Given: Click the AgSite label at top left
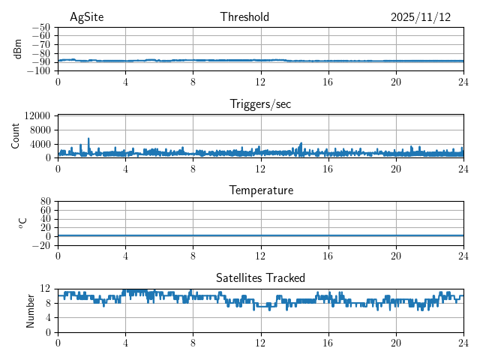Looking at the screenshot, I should (x=86, y=17).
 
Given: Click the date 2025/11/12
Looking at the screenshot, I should (x=420, y=17).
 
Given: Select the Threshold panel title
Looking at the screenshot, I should (x=244, y=17).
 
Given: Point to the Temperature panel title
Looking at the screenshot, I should (x=260, y=190).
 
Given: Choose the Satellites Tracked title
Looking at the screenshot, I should (x=260, y=278).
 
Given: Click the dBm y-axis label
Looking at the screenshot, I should (x=18, y=49).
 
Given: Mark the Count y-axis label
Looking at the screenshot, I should (x=16, y=136).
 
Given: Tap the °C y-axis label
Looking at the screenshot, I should (x=22, y=223).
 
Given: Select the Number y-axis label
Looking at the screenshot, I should (x=31, y=310).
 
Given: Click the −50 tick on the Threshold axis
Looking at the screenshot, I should (x=41, y=27).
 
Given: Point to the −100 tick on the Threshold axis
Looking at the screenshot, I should (x=39, y=70).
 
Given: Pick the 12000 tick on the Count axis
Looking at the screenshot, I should (x=37, y=115).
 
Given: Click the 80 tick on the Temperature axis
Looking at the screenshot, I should (x=45, y=201).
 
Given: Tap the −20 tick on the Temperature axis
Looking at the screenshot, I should (x=41, y=245).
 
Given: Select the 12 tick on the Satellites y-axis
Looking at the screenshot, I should (x=45, y=289).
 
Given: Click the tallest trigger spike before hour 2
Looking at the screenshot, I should (x=88, y=139).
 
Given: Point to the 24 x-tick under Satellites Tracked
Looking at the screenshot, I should (x=463, y=342).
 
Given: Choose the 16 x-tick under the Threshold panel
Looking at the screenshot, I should (x=328, y=81).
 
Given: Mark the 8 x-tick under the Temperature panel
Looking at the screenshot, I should (x=193, y=255).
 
